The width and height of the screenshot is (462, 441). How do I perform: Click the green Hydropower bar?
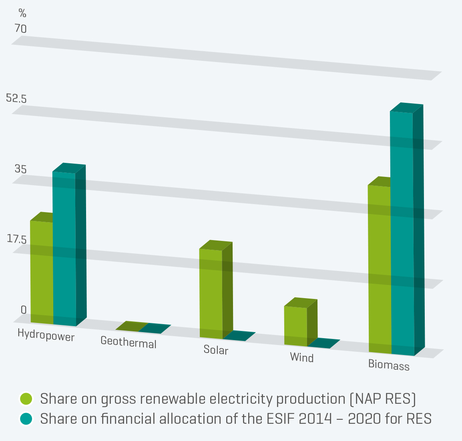pos(42,272)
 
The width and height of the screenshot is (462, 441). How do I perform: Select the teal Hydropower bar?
pos(64,248)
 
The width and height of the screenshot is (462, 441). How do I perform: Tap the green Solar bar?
pos(211,294)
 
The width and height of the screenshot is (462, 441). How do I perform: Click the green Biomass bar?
pos(379,268)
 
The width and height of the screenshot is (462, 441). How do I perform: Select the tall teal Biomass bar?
pos(402,232)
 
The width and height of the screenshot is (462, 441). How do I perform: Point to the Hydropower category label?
pos(46,335)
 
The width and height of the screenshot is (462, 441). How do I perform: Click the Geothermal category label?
pos(129,343)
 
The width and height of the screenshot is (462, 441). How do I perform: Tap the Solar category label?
pos(216,350)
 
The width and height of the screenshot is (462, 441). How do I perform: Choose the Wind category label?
pos(301,357)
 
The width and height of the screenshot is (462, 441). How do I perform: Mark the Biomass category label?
pos(389,365)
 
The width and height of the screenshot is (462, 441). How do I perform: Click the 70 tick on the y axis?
pos(20,29)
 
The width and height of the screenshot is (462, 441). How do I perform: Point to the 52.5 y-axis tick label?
pos(16,98)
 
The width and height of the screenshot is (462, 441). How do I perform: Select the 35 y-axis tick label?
pos(20,169)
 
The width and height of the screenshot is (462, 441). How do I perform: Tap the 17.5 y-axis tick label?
pos(16,239)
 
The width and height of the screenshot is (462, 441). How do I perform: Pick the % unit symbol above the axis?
pos(22,14)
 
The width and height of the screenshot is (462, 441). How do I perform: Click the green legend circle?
pos(26,399)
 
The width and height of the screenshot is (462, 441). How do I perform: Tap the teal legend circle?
pos(26,419)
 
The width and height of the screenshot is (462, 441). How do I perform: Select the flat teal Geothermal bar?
pos(154,329)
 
